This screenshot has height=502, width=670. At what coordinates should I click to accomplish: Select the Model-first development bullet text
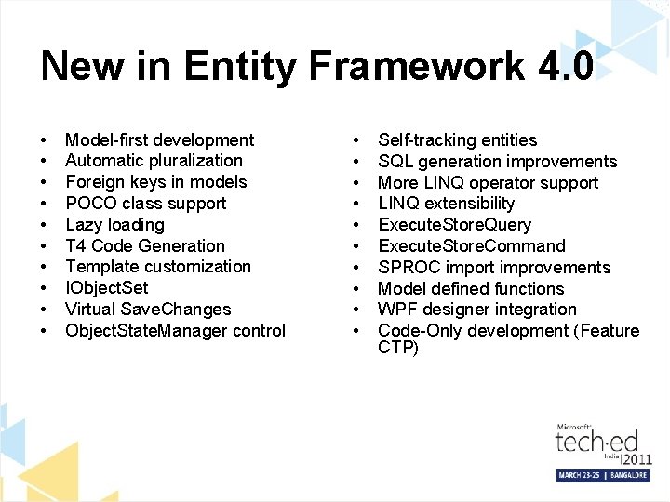(x=159, y=140)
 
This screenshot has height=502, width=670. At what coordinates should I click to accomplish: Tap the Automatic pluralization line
(x=154, y=161)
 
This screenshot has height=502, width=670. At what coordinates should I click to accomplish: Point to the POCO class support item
(x=145, y=204)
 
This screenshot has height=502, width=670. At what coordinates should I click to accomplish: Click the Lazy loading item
(x=114, y=225)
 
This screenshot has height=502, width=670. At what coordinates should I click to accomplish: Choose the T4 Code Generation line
(x=145, y=246)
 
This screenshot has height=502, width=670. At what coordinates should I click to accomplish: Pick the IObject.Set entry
(x=107, y=288)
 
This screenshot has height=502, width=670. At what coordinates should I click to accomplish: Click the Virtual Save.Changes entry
(x=148, y=310)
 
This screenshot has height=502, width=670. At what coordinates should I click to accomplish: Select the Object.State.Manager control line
(x=175, y=331)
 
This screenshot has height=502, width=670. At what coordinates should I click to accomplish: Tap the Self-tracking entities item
(x=457, y=140)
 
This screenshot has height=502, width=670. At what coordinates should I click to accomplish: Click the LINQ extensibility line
(x=446, y=204)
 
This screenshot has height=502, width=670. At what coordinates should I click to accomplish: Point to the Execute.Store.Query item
(x=454, y=225)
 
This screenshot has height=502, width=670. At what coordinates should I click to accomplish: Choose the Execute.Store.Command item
(x=471, y=246)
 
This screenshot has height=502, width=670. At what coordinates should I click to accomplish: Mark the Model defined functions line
(x=471, y=289)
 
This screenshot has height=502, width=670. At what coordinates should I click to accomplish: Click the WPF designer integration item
(x=476, y=310)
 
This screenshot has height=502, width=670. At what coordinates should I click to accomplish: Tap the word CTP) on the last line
(x=398, y=349)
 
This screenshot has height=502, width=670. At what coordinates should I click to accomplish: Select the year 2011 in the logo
(x=636, y=459)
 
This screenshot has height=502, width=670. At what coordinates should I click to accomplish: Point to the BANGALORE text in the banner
(x=625, y=475)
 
